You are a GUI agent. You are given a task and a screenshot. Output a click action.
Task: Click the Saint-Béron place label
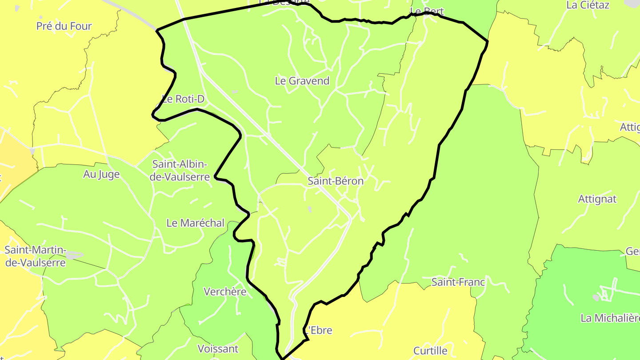[x=336, y=181]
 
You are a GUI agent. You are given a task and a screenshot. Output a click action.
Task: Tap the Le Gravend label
[x=302, y=81]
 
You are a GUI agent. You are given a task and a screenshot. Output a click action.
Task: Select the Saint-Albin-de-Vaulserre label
[x=180, y=171]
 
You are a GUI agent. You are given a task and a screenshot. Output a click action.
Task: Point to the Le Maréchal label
[x=196, y=223]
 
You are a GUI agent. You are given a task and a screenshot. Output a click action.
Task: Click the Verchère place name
[x=225, y=292]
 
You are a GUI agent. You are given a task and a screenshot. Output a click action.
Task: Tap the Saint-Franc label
[x=458, y=282]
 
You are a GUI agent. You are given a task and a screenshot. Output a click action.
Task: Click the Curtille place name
[x=430, y=351]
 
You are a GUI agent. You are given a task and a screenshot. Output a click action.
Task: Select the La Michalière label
[x=610, y=318]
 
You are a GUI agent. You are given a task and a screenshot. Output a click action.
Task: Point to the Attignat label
[x=597, y=199]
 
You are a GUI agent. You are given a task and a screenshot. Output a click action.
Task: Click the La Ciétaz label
[x=588, y=5]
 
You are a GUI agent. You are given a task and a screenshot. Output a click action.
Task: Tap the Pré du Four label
[x=64, y=26]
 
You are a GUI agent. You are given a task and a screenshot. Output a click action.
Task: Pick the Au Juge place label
[x=101, y=174]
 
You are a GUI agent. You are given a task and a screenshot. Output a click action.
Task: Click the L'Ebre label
[x=318, y=331]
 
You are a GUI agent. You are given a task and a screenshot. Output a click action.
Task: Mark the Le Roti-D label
[x=183, y=99]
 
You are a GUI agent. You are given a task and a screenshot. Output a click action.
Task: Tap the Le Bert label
[x=427, y=11]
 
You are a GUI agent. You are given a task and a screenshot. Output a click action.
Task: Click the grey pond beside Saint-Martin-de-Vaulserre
[x=74, y=255]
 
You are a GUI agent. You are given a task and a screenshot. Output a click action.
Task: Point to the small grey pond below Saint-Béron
[x=310, y=209]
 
